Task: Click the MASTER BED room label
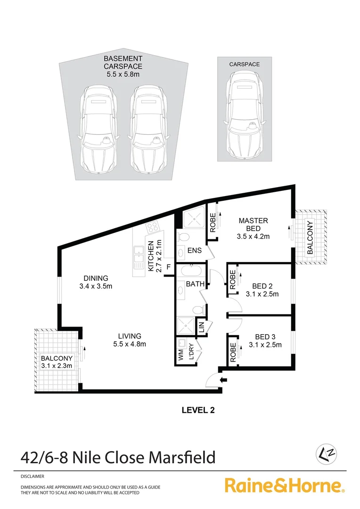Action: (253, 224)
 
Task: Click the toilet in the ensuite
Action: (186, 236)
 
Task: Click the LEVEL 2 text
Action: (198, 410)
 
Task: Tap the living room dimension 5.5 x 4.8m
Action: (130, 344)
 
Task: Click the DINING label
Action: (96, 278)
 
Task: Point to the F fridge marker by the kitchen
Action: (168, 271)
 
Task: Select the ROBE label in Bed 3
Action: (233, 352)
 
